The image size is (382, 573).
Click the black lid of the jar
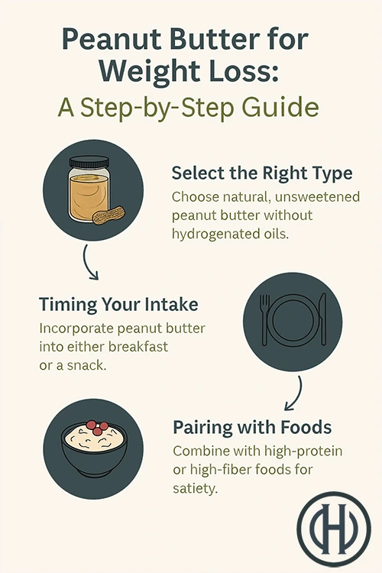point(89,162)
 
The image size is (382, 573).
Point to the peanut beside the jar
point(108,215)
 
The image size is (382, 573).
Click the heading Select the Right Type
point(262,173)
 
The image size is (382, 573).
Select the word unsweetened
point(317,196)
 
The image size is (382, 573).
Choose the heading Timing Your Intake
point(119,304)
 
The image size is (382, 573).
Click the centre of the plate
point(293,320)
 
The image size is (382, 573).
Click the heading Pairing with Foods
point(252,427)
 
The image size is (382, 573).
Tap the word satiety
point(196,488)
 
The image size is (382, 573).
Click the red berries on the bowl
point(97,428)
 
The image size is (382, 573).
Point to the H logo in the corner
point(334,529)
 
